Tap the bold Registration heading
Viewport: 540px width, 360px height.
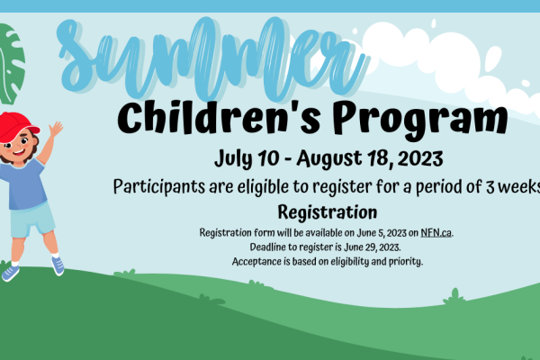coord(328,212)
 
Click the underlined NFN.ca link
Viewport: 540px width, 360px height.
coord(436,233)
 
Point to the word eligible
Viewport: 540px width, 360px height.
coord(263,187)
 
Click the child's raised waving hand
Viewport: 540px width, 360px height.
coord(56,130)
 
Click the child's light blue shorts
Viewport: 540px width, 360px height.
coord(31,220)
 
